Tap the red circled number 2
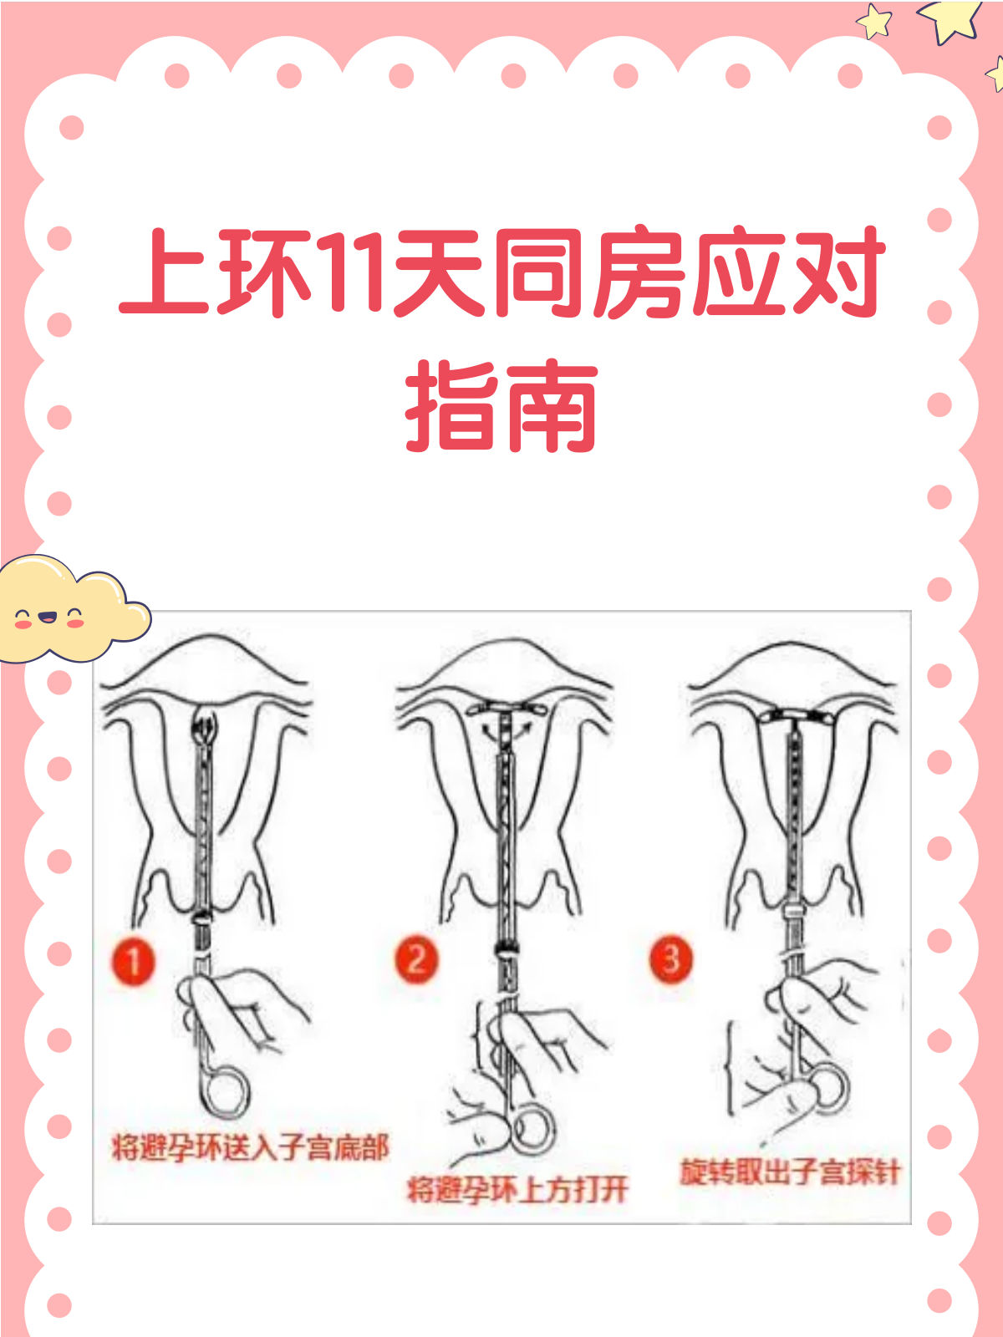416,958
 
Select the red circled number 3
671,958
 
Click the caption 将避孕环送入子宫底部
251,1147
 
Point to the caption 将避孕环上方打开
517,1189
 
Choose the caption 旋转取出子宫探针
789,1172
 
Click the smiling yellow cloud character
67,610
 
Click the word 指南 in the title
501,407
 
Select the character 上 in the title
165,272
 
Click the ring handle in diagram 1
224,1090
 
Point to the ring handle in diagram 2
532,1128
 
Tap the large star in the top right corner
951,18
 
